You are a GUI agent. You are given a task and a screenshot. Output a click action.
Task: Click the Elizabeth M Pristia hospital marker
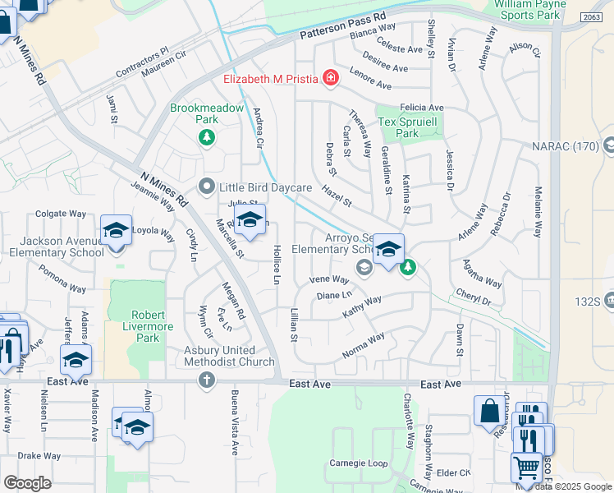(330, 78)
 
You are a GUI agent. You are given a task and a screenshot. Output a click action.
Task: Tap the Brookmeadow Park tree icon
(208, 137)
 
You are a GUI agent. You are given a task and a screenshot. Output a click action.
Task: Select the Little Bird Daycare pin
(208, 187)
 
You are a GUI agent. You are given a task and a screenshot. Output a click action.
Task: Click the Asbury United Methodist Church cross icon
(207, 380)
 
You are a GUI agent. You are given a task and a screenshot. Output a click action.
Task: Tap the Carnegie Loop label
(358, 463)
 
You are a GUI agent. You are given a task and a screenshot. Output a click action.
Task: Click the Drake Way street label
(39, 455)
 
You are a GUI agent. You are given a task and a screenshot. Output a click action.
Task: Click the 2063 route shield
(590, 17)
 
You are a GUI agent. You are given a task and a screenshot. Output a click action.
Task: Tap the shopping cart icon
(526, 467)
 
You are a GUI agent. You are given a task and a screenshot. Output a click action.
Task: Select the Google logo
(27, 483)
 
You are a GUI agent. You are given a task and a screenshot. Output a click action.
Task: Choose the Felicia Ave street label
(422, 108)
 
